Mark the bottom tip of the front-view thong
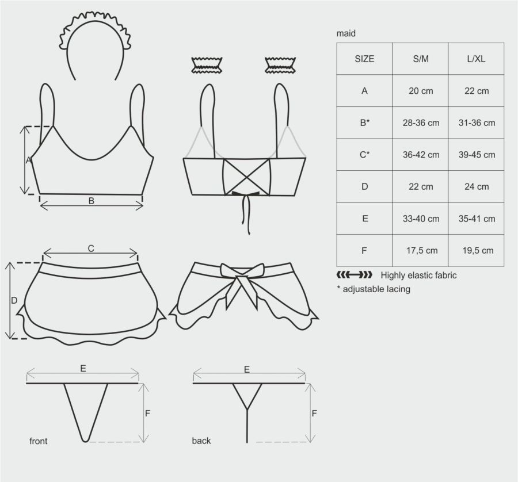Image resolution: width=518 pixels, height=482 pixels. click(x=85, y=441)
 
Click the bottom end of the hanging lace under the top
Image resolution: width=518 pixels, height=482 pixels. click(x=249, y=233)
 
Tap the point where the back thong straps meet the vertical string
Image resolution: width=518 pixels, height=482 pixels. click(x=247, y=410)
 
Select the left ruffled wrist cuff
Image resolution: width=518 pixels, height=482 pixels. click(x=207, y=65)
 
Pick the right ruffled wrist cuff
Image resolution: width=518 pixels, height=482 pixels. click(x=280, y=65)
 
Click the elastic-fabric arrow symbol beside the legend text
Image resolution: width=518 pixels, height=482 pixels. click(x=354, y=275)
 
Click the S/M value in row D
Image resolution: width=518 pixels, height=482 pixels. click(x=421, y=186)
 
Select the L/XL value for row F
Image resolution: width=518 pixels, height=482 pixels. click(x=478, y=251)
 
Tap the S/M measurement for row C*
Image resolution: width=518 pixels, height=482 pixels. click(x=421, y=155)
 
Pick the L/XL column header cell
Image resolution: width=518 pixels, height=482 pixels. click(x=476, y=59)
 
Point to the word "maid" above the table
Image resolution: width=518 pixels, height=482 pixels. click(x=346, y=33)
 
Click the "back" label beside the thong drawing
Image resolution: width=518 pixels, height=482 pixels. click(x=201, y=441)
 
